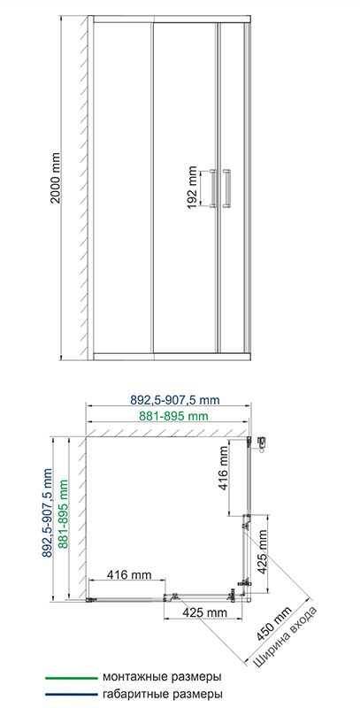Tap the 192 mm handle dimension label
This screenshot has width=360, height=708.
[192, 188]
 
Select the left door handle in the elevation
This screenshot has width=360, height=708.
[213, 189]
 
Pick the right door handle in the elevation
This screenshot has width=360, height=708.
[226, 189]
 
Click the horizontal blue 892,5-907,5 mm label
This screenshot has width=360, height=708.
[174, 400]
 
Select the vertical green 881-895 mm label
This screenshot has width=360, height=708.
[64, 519]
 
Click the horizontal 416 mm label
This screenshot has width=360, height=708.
[129, 574]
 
